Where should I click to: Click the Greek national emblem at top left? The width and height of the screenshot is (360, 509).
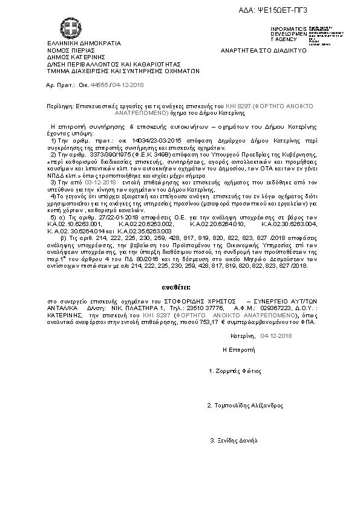point(68,27)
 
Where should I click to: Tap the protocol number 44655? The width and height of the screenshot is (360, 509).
point(99,86)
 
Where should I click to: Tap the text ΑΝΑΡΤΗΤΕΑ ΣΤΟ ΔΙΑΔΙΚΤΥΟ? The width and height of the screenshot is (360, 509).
point(264,50)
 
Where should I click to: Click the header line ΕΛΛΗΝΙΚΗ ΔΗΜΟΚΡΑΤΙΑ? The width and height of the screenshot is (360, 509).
point(84,44)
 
